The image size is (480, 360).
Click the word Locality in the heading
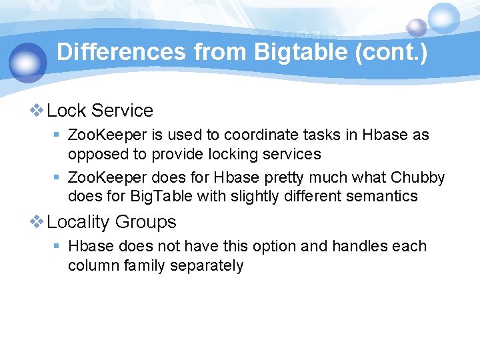click(x=78, y=222)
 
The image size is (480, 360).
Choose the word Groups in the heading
click(x=146, y=222)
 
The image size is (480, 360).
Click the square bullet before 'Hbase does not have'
click(x=57, y=247)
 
